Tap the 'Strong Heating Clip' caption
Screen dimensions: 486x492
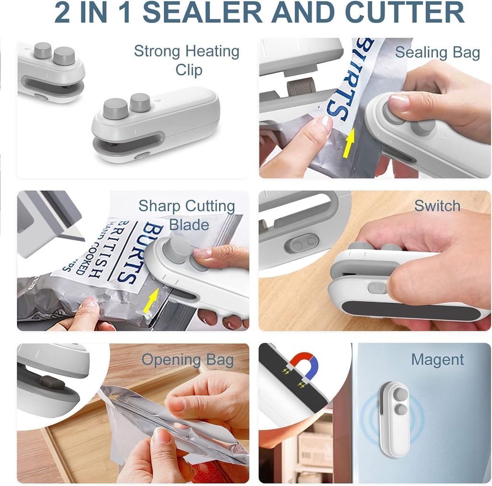[187, 60]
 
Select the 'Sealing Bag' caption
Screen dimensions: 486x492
[437, 52]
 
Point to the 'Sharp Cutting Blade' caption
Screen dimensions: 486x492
[187, 215]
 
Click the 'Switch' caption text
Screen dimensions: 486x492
[437, 206]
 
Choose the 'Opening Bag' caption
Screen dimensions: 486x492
[187, 360]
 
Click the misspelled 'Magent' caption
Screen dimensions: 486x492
[437, 360]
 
